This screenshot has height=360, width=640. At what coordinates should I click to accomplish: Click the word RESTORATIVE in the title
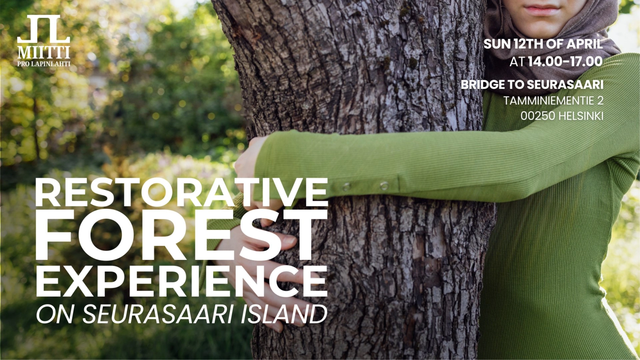[x=182, y=193]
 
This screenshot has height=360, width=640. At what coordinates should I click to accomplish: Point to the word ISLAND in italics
[x=283, y=314]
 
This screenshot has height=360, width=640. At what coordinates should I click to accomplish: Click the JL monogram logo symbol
[x=44, y=29]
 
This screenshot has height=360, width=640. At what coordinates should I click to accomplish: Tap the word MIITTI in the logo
[x=44, y=53]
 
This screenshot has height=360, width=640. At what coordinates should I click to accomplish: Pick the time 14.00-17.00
[x=565, y=62]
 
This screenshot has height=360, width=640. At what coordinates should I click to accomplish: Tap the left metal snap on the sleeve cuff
[x=346, y=186]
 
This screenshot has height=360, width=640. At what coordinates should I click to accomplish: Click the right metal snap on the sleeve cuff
[x=384, y=185]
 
